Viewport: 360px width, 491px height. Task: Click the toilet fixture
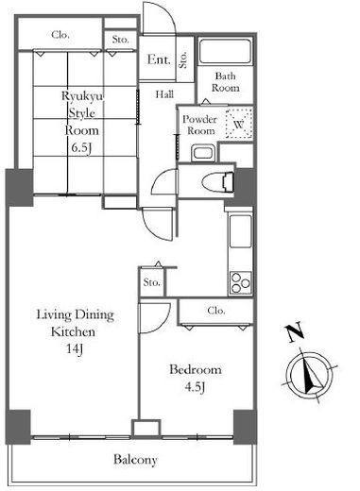coord(217,182)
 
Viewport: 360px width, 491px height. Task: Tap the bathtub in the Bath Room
coord(226,52)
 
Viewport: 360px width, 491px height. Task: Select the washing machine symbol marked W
coord(239,124)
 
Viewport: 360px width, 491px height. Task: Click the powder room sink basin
coord(203,153)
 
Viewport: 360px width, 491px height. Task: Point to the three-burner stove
coord(241,282)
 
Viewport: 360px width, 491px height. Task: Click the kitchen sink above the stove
coord(241,231)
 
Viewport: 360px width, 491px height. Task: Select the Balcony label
coord(135,460)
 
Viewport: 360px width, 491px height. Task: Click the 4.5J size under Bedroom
coord(196,387)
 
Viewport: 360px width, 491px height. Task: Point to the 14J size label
coord(75,349)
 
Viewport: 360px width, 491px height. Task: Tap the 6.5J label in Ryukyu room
coord(81,148)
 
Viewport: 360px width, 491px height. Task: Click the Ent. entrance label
coord(159,59)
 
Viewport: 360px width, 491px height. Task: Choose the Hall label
coord(164,94)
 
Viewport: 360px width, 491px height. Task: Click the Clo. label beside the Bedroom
coord(216,311)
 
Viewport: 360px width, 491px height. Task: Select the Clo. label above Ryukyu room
coord(60,34)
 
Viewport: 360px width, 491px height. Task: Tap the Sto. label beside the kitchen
coord(152,282)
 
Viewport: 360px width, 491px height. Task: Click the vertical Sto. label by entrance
coord(183,59)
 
